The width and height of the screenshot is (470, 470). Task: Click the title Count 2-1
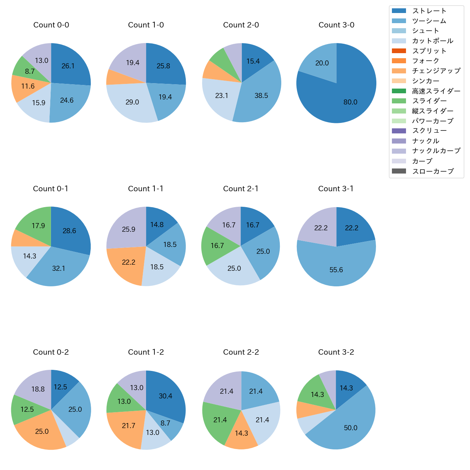(241, 189)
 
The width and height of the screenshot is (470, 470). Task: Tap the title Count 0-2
(51, 352)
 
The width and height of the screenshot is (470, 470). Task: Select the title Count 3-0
(336, 25)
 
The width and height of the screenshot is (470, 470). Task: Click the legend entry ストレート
(429, 11)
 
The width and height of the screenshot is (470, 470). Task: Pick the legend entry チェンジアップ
(436, 71)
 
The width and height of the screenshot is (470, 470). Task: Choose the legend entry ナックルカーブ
(436, 151)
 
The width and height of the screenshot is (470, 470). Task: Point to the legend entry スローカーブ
(433, 171)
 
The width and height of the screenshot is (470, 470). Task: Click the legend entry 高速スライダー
(436, 91)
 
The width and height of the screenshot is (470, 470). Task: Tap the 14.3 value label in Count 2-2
(242, 433)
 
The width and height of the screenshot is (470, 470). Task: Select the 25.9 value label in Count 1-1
(129, 229)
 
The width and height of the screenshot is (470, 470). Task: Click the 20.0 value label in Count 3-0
(322, 63)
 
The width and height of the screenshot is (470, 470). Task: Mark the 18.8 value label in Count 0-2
(38, 389)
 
